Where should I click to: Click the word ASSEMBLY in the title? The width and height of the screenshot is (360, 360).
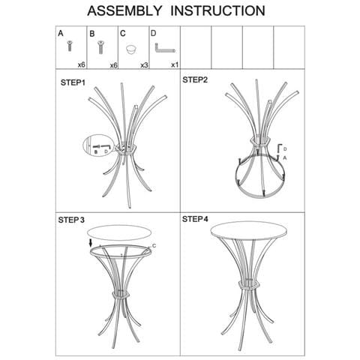click(x=124, y=10)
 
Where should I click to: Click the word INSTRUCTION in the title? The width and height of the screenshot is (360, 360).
click(x=217, y=10)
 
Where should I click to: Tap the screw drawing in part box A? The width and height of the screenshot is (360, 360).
click(x=70, y=46)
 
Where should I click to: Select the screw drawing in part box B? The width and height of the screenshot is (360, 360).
click(x=100, y=47)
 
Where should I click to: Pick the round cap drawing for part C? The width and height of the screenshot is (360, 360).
click(x=131, y=49)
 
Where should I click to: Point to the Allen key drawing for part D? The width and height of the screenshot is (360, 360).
click(x=164, y=48)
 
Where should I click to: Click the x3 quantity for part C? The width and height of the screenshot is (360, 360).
click(x=144, y=65)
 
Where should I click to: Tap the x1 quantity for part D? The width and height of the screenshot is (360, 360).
click(x=175, y=64)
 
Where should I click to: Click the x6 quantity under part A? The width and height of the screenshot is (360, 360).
click(x=82, y=65)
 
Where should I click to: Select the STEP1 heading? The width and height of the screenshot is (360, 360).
click(x=73, y=82)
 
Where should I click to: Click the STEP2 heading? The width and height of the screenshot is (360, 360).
click(x=195, y=79)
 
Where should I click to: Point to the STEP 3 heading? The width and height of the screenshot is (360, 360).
click(x=71, y=220)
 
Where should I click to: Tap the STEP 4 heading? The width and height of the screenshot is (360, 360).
click(x=195, y=219)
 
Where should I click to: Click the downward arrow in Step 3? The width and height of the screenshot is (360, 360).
click(x=91, y=243)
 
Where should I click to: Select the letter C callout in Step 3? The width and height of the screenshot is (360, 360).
click(x=154, y=246)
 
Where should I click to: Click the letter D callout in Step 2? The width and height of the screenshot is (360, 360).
click(x=285, y=149)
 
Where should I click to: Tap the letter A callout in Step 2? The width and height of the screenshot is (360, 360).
click(x=284, y=157)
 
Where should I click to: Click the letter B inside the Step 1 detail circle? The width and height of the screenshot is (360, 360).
click(x=95, y=151)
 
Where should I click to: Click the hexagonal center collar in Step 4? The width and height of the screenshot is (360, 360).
click(x=249, y=284)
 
